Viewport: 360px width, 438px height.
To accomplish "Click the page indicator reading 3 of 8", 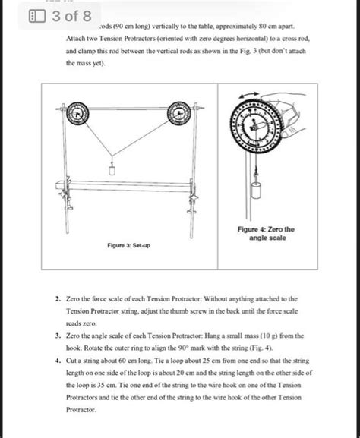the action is coord(72,16).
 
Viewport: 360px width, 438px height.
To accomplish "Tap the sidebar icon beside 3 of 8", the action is coord(37,16).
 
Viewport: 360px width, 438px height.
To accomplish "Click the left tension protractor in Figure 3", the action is coord(77,113).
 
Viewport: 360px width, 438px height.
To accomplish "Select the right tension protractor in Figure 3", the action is coord(179,113).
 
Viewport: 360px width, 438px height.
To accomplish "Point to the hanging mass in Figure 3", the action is coord(112,169).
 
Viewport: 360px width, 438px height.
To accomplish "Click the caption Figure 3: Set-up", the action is coord(128,245).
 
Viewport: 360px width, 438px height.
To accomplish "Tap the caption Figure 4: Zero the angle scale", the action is coord(266,234).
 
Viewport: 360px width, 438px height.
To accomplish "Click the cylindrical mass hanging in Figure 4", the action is coord(256,190).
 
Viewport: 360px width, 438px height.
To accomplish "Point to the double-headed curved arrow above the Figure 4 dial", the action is coord(249,95).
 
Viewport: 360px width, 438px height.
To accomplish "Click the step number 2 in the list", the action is coord(58,299).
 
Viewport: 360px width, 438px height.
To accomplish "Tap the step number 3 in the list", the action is coord(58,336).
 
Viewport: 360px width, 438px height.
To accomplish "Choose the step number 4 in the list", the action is coord(58,361).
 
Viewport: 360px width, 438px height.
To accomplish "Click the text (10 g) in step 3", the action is coord(269,336).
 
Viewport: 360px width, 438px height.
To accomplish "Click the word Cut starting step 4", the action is coord(71,361).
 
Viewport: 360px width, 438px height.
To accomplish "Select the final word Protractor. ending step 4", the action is coord(81,410).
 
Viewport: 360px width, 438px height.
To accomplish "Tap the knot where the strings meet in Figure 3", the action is coord(112,156).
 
